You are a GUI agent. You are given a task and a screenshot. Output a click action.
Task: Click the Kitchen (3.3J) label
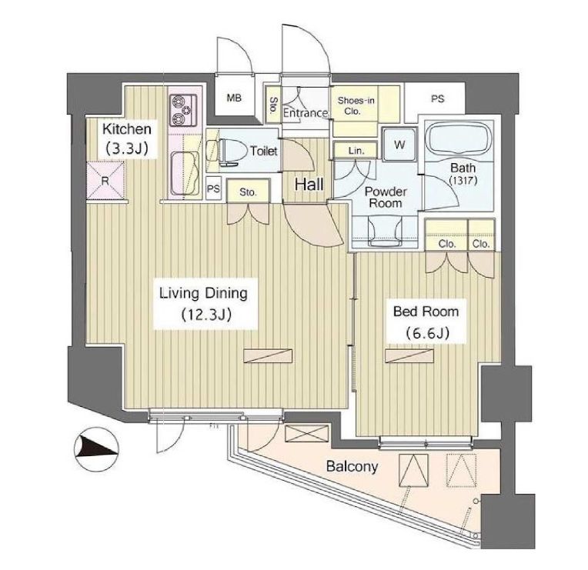[x=127, y=138]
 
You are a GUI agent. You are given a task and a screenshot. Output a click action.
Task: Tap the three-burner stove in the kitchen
[x=183, y=111]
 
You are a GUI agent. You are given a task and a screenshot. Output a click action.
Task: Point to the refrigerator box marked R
[x=105, y=181]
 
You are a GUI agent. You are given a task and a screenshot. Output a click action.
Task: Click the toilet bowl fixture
[x=231, y=152]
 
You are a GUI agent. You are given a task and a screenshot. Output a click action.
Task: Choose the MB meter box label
[x=234, y=98]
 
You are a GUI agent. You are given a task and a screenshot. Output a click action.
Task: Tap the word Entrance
[x=306, y=113]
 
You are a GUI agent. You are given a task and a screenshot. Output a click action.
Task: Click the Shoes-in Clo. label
[x=356, y=105]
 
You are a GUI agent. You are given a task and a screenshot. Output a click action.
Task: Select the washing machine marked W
[x=399, y=145]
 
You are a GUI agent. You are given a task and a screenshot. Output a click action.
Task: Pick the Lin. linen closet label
[x=356, y=151]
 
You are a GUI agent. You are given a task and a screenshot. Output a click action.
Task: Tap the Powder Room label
[x=386, y=197]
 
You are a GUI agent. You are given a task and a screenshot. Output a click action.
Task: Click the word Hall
[x=309, y=185]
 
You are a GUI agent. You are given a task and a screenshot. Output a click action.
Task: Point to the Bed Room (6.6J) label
[x=426, y=322]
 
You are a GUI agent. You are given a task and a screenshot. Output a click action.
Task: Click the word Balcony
[x=352, y=467]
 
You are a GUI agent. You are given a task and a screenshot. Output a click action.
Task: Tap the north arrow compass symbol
[x=97, y=449]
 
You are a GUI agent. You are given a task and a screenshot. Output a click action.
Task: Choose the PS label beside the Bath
[x=438, y=99]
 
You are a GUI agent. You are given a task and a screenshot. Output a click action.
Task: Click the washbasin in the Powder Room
[x=385, y=232]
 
